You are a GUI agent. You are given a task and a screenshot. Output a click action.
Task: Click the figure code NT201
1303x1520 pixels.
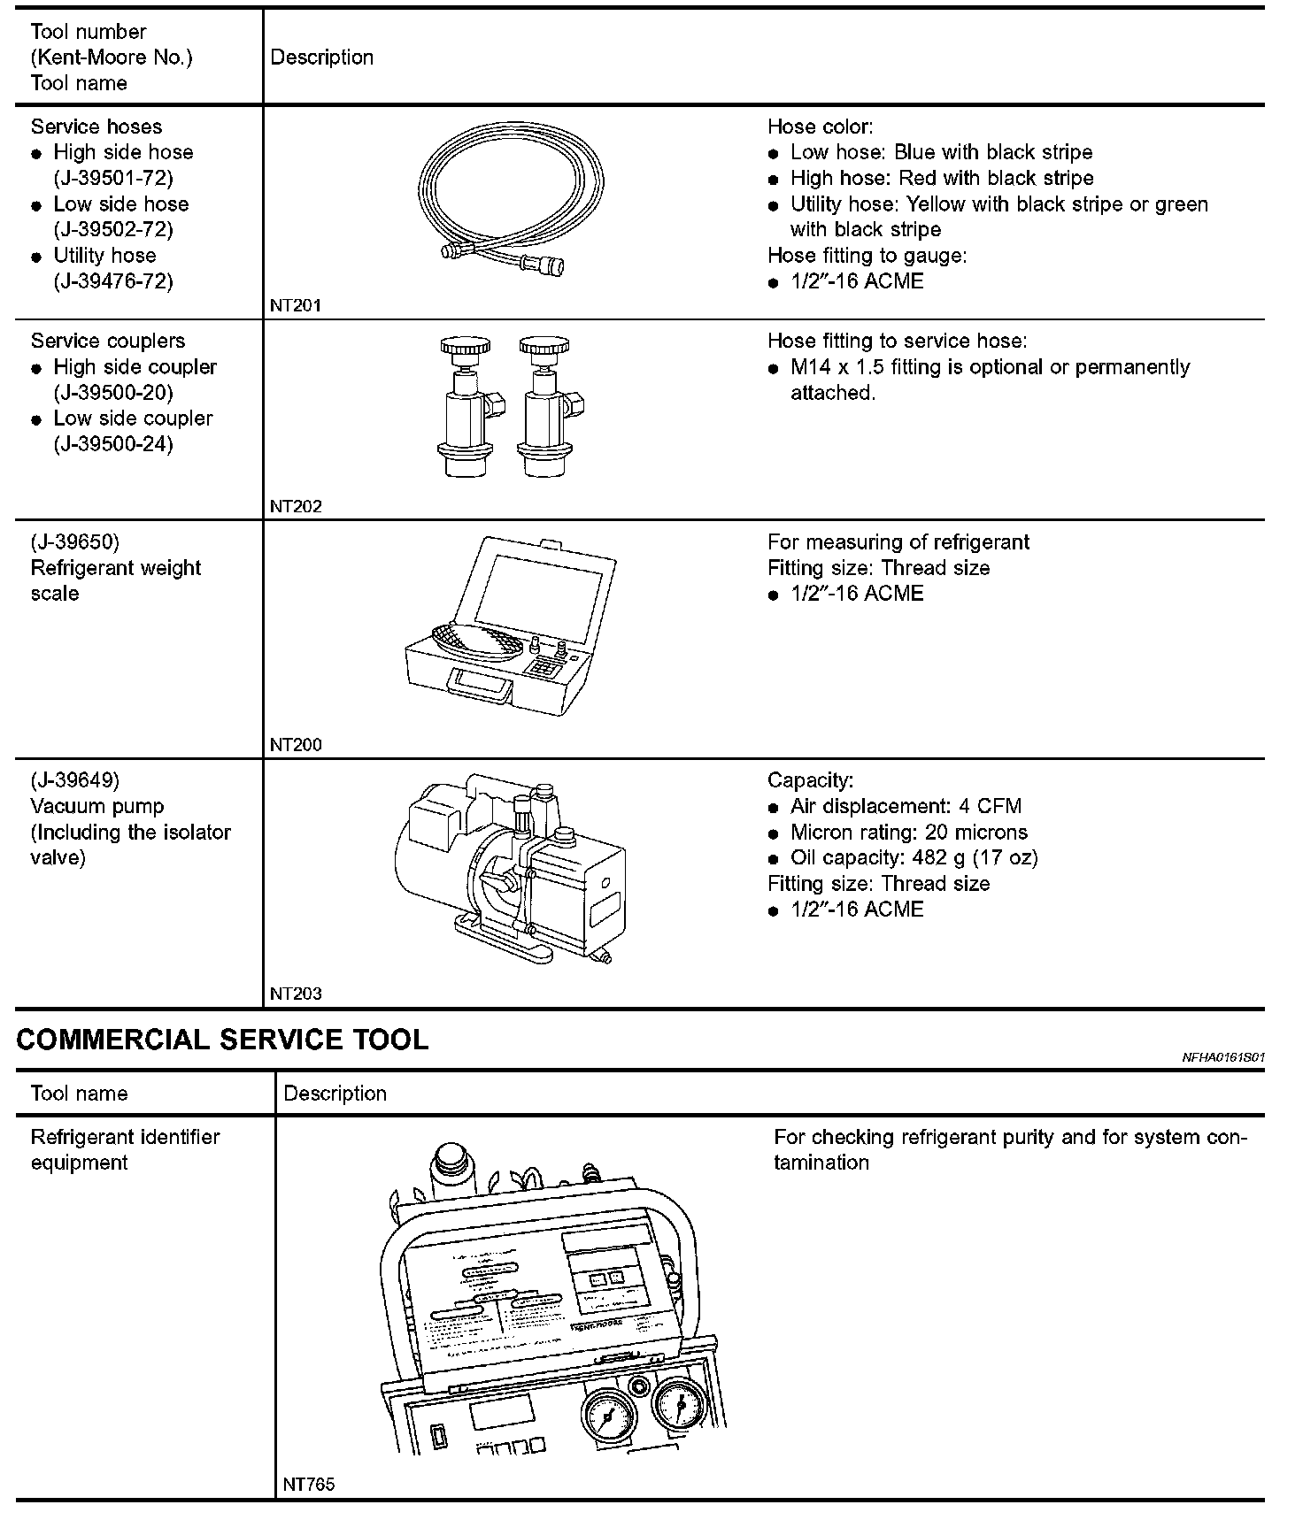pos(296,306)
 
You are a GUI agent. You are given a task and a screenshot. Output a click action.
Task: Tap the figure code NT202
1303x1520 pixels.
pos(296,507)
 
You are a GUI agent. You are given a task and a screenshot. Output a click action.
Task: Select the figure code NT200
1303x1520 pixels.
pos(296,745)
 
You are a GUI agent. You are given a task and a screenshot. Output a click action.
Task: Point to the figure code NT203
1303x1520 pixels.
pos(296,994)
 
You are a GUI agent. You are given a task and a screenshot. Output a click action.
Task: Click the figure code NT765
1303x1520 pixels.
pos(309,1485)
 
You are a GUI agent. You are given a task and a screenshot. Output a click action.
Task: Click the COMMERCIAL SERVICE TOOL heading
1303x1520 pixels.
pos(222,1040)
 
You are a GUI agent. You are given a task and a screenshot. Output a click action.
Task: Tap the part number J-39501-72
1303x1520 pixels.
pos(113,178)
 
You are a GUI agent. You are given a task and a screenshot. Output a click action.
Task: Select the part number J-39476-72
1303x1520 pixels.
pos(113,281)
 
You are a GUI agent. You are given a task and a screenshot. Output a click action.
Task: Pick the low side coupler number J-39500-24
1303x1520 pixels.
pos(113,444)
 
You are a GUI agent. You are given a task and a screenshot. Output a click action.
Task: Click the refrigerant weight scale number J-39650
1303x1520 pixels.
pos(75,541)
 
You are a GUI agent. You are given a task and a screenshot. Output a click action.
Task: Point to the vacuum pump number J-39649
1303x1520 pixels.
pos(75,780)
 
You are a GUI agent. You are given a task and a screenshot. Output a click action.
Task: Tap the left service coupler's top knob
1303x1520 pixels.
pos(465,346)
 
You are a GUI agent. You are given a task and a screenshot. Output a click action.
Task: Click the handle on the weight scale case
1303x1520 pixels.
pos(482,687)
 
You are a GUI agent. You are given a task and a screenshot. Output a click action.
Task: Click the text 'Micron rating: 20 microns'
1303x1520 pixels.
pos(908,833)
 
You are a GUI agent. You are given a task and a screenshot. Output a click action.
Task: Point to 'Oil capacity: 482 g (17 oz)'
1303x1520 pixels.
pos(914,858)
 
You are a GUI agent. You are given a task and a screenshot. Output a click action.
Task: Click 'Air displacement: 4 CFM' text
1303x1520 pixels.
pos(906,807)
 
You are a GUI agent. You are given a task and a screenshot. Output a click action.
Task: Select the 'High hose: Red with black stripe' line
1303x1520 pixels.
pos(942,179)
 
